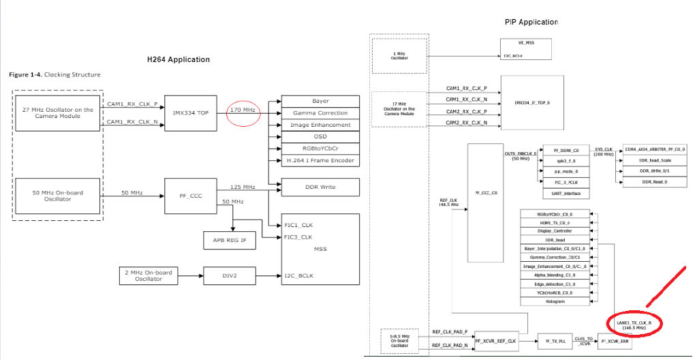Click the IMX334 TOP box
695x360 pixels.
click(x=191, y=112)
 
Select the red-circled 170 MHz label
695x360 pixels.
click(x=243, y=109)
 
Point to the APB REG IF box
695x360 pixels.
click(x=230, y=240)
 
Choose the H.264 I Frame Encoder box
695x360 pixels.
click(x=320, y=160)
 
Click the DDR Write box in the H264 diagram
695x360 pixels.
click(x=320, y=187)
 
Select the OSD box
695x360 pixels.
click(x=320, y=136)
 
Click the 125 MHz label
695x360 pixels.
click(x=242, y=187)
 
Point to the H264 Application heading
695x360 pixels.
click(x=179, y=59)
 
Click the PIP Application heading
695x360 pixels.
click(x=531, y=22)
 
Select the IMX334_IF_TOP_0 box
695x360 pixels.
click(x=532, y=102)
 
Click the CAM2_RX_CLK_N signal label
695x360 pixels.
click(x=466, y=123)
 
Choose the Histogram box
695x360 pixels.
click(x=555, y=301)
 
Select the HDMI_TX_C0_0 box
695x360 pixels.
click(x=555, y=223)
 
